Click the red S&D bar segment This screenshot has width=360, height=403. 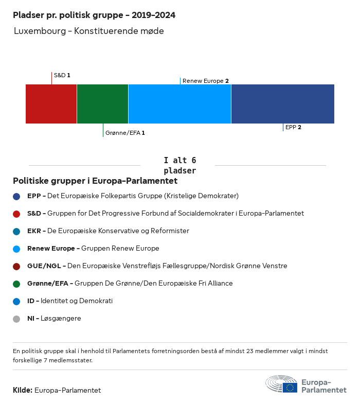[51, 104]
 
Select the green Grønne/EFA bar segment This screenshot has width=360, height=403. [102, 104]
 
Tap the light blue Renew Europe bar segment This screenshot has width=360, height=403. [179, 104]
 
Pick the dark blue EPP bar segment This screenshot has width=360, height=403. [282, 104]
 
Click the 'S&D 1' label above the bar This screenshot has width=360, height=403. [62, 75]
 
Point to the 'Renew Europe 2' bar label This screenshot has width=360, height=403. [205, 81]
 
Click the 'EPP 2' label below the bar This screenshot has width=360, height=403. [293, 127]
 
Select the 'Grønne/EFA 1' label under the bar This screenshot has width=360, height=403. [125, 133]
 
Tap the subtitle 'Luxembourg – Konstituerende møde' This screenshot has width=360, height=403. [89, 31]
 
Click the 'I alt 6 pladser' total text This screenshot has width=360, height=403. [179, 165]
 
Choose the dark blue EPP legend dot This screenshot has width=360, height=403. [16, 196]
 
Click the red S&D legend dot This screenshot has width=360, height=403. [16, 214]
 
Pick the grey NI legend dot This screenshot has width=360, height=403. [16, 319]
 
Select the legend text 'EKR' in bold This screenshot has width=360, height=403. [34, 231]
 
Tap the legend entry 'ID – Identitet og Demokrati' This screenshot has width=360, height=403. [70, 301]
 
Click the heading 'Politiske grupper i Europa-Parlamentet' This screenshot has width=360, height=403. [95, 181]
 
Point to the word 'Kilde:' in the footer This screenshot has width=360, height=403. [23, 390]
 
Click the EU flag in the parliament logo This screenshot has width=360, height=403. [290, 388]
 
